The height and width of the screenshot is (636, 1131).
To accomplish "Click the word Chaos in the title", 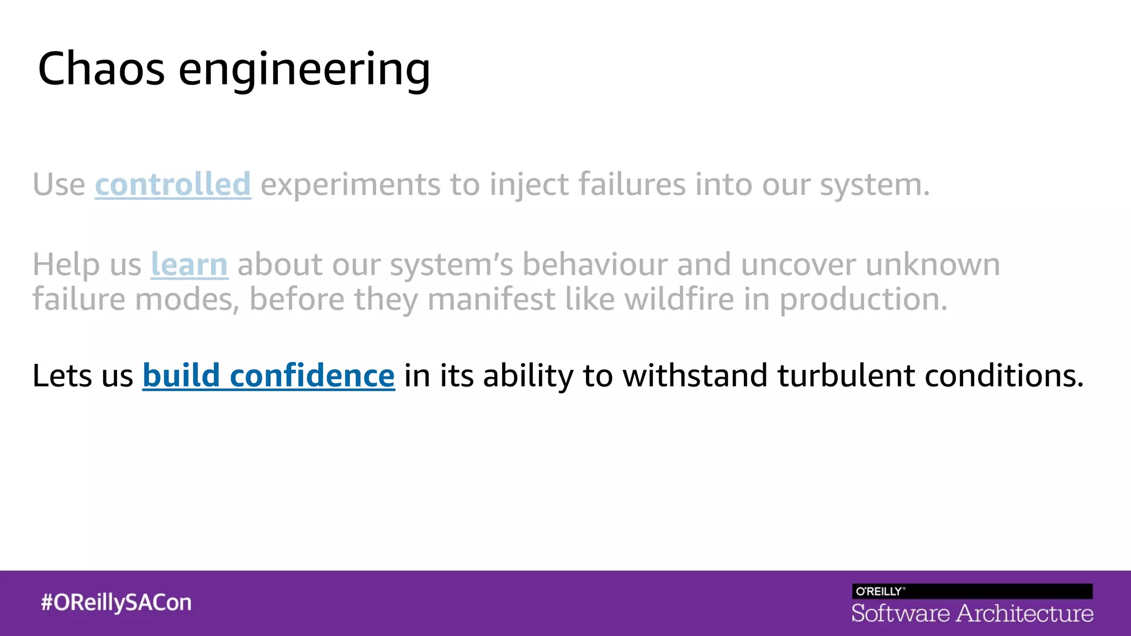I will coord(101,68).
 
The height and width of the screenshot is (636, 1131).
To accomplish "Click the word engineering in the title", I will coord(304,71).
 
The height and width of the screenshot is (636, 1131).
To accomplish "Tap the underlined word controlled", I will coord(173,184).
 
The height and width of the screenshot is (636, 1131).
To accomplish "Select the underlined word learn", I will coord(189,264).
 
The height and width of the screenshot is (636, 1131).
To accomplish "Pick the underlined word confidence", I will coord(312,375).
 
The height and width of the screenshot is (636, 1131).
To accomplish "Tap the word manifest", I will coord(491,299).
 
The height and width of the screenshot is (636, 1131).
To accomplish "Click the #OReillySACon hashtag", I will coord(116,602).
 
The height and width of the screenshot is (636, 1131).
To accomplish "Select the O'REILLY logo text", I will coord(879,591).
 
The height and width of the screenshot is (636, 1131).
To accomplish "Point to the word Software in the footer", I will coord(900,613).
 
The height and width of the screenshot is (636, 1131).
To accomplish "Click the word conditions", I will coord(1004,375).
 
